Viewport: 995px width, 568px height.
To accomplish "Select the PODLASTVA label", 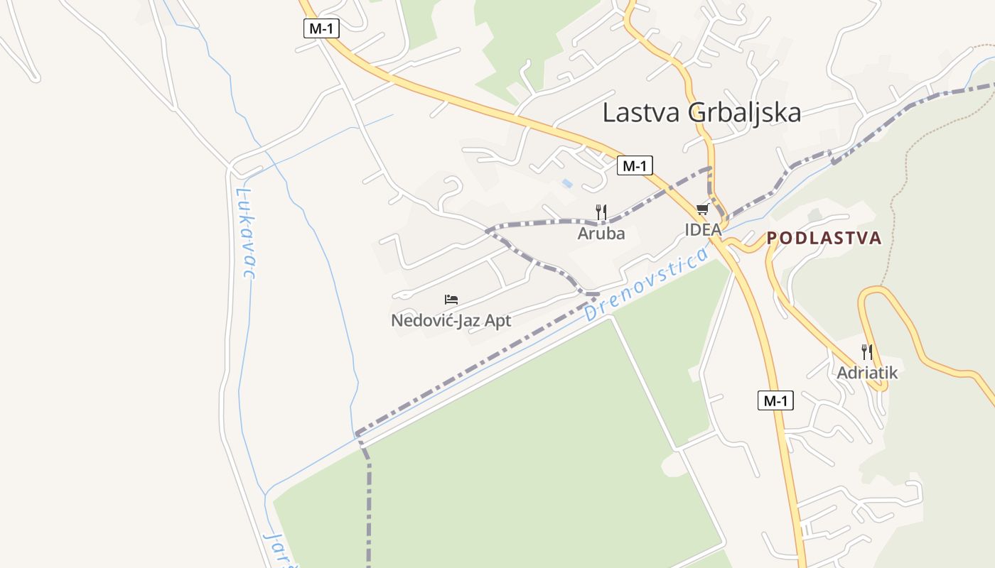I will [824, 238].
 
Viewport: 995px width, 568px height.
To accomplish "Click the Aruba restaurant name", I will [601, 234].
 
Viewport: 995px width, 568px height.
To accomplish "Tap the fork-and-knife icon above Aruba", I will [601, 212].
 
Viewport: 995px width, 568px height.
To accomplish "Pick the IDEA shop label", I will [703, 229].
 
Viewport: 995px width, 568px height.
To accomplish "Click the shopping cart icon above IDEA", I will [703, 209].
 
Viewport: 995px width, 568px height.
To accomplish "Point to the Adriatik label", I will [867, 373].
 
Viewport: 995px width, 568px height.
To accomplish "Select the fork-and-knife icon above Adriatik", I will [866, 351].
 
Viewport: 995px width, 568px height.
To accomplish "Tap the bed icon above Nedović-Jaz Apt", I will [451, 299].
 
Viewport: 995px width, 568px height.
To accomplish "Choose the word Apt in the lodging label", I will [497, 320].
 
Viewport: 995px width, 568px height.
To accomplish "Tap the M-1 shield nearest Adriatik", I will [775, 400].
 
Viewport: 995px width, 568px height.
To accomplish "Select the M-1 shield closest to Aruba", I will [634, 165].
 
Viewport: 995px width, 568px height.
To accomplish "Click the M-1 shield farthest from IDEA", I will [322, 28].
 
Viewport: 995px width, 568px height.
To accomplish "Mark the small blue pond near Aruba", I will [567, 183].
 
